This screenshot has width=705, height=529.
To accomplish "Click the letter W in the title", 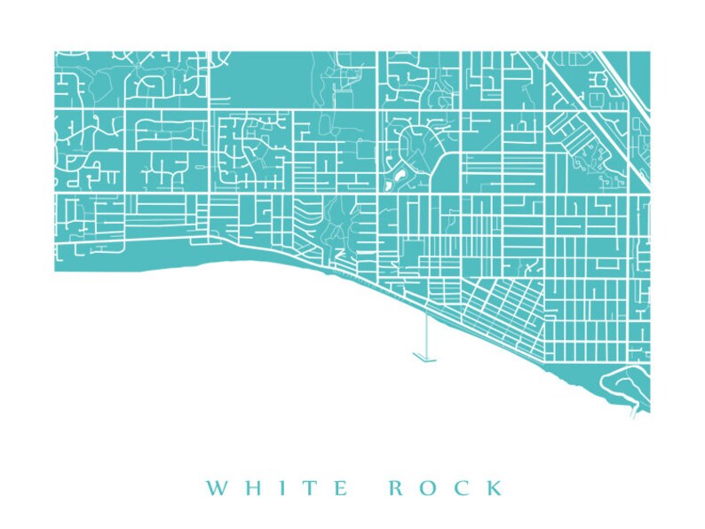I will (x=217, y=488).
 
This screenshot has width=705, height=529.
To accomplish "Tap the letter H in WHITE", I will (x=250, y=488).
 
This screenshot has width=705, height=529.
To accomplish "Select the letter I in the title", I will (x=278, y=488).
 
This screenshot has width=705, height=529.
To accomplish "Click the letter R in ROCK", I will (x=397, y=488).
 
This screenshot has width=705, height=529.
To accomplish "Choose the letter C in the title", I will (x=464, y=488).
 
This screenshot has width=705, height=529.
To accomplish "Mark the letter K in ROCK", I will (x=495, y=488).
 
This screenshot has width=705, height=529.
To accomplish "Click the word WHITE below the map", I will (x=277, y=488).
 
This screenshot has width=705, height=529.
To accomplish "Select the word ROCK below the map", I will (x=446, y=488).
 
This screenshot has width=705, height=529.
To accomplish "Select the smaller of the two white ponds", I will (x=387, y=187).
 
